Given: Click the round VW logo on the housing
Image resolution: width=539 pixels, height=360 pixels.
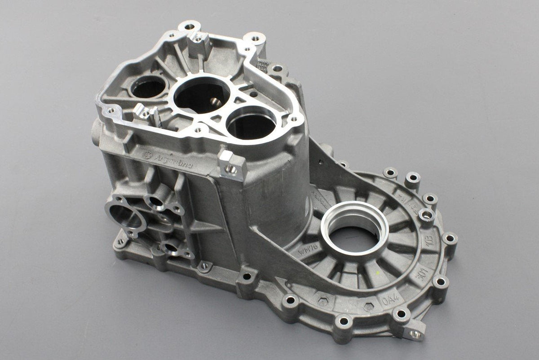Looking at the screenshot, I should click(146, 155).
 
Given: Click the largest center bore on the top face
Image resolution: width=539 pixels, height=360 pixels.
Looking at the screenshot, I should click(202, 95).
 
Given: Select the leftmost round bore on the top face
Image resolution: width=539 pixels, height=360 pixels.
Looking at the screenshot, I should click(147, 86).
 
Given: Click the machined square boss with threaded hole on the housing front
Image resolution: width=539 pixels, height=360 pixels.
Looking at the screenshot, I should click(232, 167).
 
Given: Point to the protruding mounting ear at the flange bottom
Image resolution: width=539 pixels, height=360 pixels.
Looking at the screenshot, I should click(414, 333).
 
